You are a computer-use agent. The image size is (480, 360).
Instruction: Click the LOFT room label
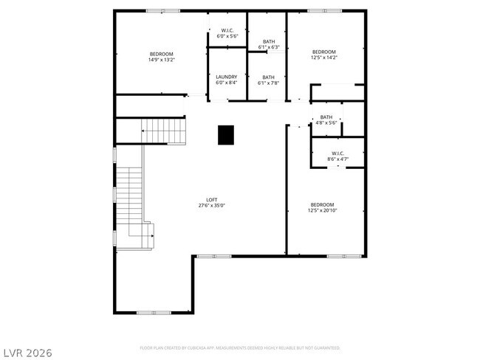click(x=211, y=199)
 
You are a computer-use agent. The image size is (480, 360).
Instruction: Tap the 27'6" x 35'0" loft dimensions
click(x=211, y=205)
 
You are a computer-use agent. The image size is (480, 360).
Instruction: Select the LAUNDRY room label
click(x=226, y=77)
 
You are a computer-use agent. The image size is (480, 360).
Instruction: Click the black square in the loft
click(x=225, y=134)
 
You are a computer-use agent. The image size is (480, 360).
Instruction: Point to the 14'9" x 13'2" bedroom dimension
click(x=161, y=60)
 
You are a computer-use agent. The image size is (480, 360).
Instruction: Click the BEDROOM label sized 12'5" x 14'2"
click(x=323, y=52)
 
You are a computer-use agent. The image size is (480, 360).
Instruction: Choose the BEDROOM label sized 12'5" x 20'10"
click(x=322, y=204)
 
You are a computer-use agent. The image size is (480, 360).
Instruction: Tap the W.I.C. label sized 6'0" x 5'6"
click(x=226, y=30)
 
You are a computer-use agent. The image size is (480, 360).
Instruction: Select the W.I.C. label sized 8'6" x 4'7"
click(x=338, y=153)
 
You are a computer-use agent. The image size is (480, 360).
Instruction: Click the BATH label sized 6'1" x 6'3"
click(x=268, y=42)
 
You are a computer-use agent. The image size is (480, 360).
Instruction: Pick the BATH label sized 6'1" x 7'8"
click(x=268, y=77)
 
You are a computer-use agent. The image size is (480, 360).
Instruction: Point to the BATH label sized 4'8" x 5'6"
click(x=326, y=117)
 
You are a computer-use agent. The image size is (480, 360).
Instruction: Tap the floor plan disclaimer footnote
click(x=240, y=347)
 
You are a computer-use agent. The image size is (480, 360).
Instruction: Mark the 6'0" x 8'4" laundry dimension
click(x=226, y=83)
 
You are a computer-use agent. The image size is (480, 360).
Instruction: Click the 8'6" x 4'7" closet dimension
click(x=338, y=159)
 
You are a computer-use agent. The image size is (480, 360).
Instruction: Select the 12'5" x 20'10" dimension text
click(x=322, y=210)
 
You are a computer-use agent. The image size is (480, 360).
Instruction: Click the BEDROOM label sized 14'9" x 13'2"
click(x=161, y=54)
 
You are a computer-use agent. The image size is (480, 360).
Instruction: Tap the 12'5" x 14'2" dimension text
click(x=323, y=58)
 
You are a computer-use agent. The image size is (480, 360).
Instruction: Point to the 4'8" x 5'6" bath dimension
click(x=326, y=122)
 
